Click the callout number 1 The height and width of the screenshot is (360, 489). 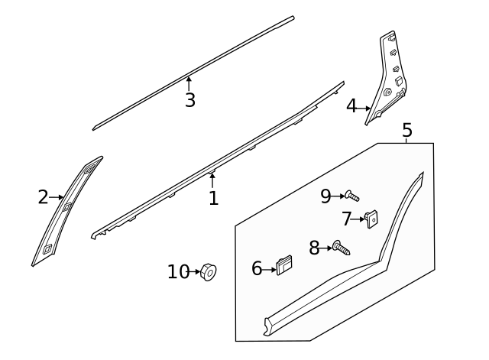[x=214, y=199]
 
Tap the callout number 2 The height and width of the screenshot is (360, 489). [x=43, y=197]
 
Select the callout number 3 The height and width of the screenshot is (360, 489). [x=189, y=100]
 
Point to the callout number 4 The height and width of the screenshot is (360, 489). [x=351, y=106]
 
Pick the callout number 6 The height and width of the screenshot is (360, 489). [x=257, y=268]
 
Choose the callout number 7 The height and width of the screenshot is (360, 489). [x=347, y=219]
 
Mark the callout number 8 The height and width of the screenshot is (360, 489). [x=314, y=247]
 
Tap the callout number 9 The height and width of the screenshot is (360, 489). [x=325, y=196]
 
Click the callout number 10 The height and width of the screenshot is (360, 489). [x=177, y=271]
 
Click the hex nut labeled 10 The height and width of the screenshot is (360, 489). [x=207, y=271]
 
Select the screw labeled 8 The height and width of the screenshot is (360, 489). [x=341, y=248]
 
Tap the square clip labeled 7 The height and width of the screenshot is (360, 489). [x=372, y=219]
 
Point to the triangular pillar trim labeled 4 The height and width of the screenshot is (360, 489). [x=388, y=80]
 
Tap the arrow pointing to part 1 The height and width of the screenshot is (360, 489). [x=212, y=180]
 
